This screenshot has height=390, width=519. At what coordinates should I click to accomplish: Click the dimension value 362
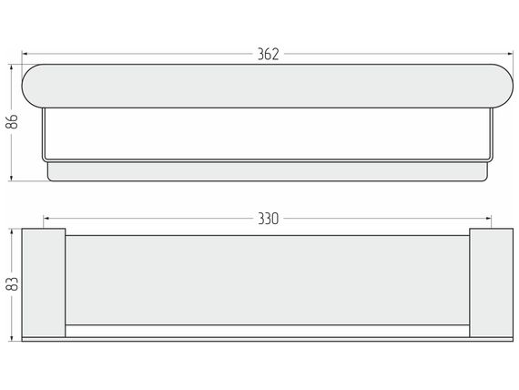(268, 54)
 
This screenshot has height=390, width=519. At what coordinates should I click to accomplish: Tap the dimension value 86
(12, 121)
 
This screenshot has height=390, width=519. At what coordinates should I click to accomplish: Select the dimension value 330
(268, 219)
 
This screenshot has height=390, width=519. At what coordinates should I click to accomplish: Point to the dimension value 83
(12, 284)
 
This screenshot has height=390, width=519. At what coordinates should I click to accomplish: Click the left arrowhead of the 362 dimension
(25, 54)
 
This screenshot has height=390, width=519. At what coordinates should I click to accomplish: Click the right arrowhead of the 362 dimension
(510, 54)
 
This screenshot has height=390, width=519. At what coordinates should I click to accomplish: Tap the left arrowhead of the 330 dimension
(46, 219)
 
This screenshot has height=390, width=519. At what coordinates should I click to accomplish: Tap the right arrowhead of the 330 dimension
(488, 219)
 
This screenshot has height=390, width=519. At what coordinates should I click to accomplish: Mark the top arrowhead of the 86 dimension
(12, 67)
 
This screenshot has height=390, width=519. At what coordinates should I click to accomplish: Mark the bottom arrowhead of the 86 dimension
(12, 178)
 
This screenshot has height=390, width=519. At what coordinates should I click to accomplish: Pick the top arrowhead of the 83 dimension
(12, 231)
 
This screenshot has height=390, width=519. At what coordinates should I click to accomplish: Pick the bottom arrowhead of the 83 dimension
(12, 338)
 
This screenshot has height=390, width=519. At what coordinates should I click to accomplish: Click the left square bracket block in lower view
(44, 282)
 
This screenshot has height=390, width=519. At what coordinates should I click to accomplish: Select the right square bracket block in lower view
(491, 282)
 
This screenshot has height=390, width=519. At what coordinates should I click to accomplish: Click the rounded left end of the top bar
(33, 87)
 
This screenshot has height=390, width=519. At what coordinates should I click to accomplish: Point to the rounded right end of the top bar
(503, 87)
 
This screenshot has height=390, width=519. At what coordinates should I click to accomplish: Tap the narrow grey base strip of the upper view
(268, 171)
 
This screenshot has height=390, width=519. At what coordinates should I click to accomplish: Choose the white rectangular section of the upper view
(268, 134)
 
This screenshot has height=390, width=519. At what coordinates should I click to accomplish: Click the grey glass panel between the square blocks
(268, 281)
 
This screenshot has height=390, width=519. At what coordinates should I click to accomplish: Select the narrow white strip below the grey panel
(268, 331)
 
